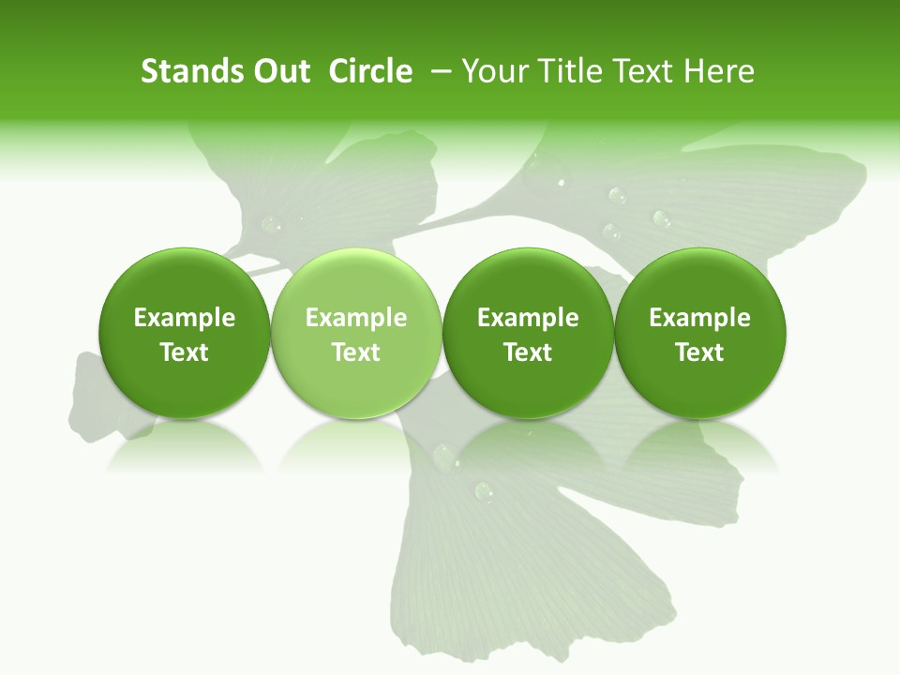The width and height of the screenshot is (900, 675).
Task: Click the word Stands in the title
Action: [x=191, y=71]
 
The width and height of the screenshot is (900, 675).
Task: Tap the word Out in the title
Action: [x=280, y=71]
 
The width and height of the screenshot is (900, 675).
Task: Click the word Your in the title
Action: [x=493, y=71]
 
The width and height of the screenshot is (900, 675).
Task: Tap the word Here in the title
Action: [x=720, y=71]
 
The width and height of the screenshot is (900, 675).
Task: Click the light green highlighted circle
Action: [x=356, y=333]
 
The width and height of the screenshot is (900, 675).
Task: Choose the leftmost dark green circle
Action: [x=184, y=333]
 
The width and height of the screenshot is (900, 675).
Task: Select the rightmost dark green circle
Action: [x=700, y=333]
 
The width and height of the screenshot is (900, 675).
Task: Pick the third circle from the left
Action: [x=528, y=333]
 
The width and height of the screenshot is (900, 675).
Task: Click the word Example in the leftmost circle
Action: [x=184, y=318]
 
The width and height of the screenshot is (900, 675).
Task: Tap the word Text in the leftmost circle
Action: [x=184, y=352]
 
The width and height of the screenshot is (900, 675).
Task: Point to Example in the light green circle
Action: [x=356, y=318]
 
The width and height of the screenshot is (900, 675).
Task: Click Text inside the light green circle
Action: [x=356, y=352]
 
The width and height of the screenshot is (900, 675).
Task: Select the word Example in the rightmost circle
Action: [x=700, y=318]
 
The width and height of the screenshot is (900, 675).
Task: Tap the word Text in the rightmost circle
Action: [x=700, y=352]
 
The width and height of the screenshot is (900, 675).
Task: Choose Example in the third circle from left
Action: [x=528, y=318]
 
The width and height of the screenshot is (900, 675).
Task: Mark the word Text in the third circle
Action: [x=528, y=352]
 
